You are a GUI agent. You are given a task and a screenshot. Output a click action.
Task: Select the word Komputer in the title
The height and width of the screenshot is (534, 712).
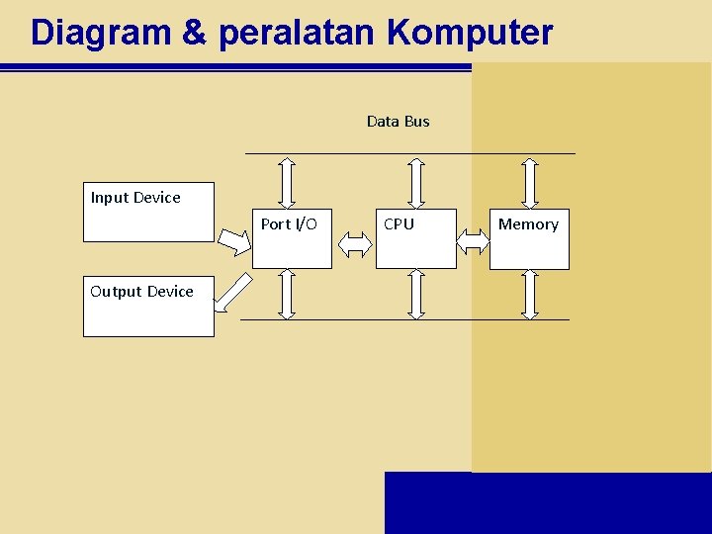[470, 33]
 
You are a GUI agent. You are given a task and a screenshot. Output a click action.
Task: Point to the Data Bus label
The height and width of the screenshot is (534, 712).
[398, 121]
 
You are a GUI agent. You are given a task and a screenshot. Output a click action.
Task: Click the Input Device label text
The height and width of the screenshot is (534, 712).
[135, 198]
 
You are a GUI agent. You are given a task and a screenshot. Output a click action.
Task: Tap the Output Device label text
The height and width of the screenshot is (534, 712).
[141, 292]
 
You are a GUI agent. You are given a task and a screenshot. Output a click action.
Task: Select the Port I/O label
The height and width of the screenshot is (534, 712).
[289, 224]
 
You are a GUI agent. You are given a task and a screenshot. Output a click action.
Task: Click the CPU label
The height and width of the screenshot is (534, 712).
[399, 224]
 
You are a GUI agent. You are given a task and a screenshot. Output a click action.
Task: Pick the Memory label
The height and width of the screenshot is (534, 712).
[528, 224]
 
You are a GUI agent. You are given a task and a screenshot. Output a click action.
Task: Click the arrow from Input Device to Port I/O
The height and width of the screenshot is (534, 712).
[235, 240]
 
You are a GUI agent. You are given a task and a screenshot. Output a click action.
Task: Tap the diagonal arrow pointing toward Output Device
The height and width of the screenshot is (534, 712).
[233, 293]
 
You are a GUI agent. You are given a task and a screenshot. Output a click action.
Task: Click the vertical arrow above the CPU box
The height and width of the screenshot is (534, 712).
[416, 180]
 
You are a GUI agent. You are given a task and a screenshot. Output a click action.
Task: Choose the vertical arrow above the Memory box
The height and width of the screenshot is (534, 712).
[530, 180]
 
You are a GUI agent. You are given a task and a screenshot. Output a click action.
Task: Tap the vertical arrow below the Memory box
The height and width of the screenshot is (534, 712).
[530, 294]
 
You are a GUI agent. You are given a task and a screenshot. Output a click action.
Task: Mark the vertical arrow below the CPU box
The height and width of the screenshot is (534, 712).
[416, 294]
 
